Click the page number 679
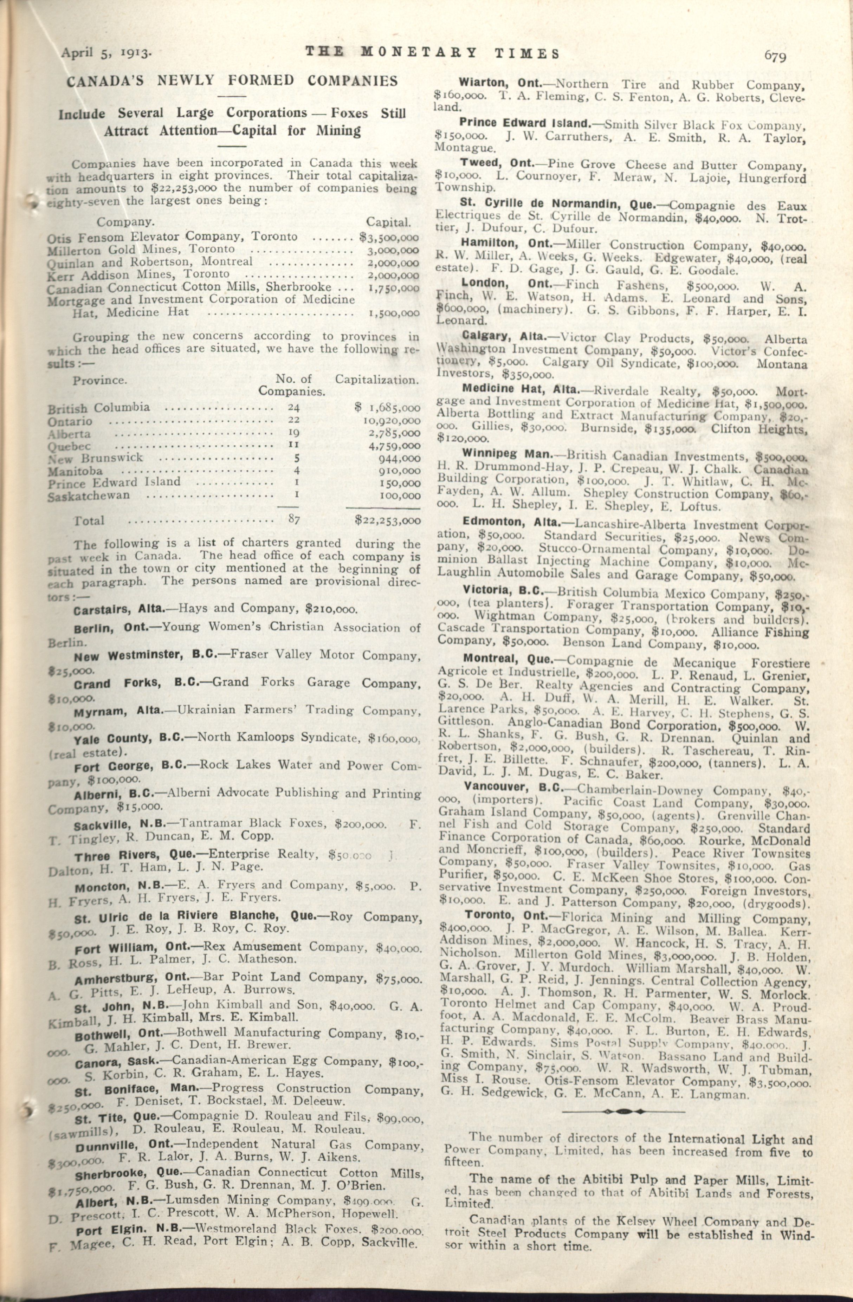(x=775, y=55)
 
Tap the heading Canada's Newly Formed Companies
(x=232, y=82)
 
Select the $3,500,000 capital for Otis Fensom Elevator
(x=389, y=238)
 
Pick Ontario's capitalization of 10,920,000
(x=392, y=421)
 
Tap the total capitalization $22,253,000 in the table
(x=387, y=520)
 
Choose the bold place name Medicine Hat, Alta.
(x=520, y=389)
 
